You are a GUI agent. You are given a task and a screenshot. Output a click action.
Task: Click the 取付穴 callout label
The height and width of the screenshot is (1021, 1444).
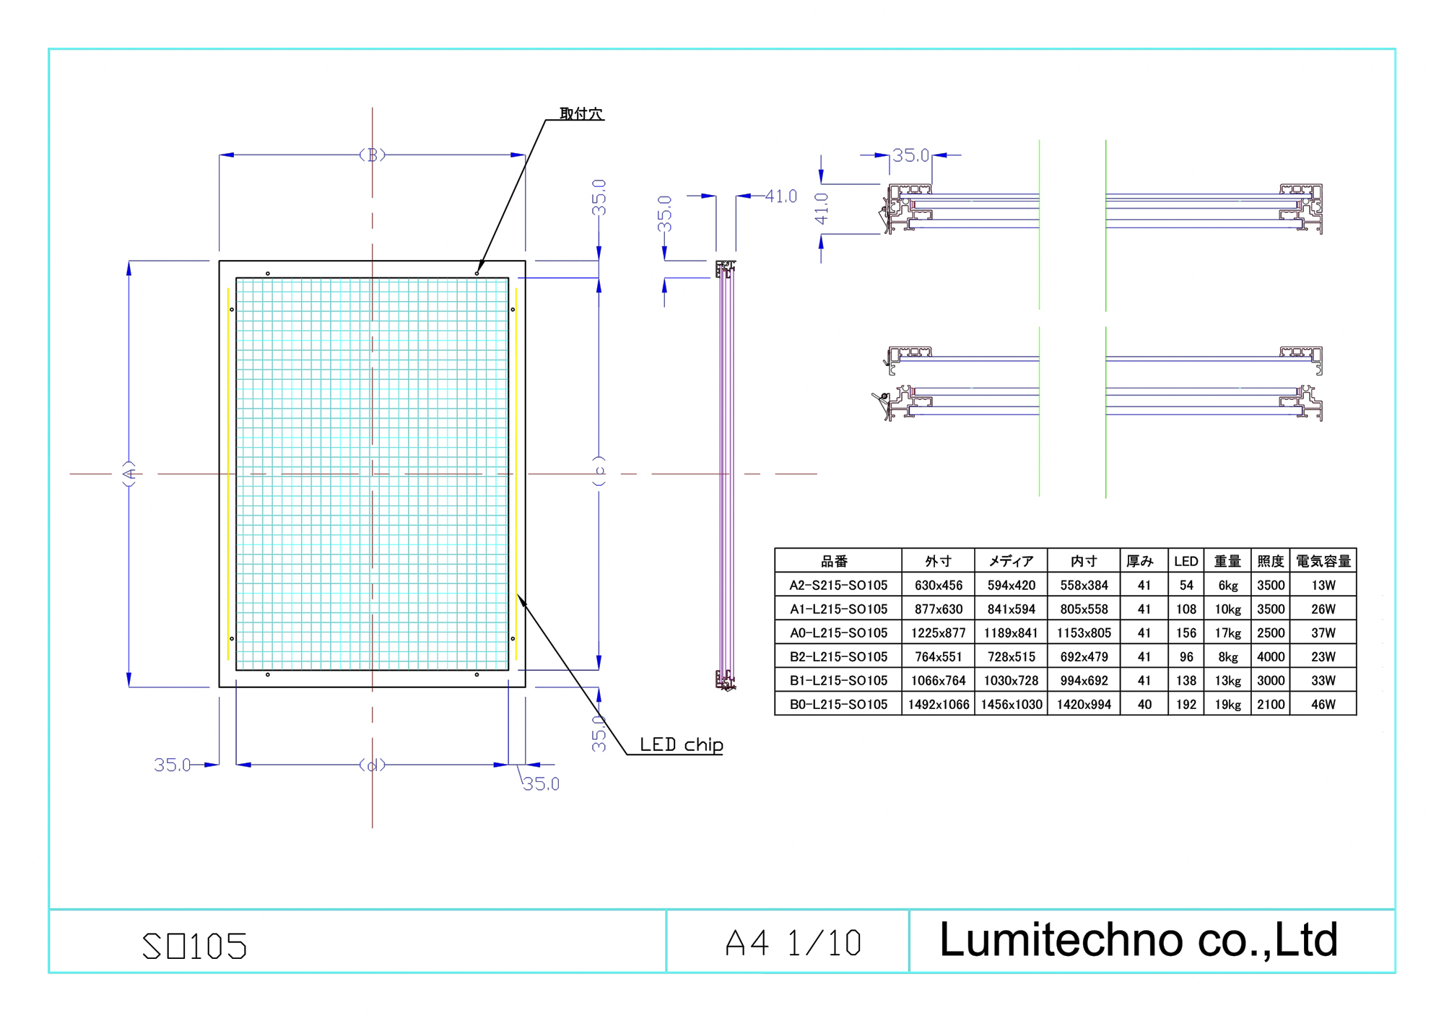[x=581, y=113]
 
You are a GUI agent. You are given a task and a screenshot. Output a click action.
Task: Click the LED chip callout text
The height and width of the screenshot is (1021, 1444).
[x=681, y=744]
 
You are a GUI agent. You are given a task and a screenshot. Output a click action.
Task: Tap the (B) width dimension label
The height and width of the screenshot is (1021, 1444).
[x=372, y=155]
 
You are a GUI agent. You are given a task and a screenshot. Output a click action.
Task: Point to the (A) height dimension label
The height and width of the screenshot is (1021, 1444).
[x=129, y=474]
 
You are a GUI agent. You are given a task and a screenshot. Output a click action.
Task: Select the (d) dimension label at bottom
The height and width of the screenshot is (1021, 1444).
[x=372, y=765]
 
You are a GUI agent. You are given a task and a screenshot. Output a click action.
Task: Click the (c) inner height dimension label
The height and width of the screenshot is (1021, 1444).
[x=599, y=471]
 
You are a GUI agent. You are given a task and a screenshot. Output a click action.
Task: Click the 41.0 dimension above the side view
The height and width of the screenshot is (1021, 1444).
[x=780, y=196]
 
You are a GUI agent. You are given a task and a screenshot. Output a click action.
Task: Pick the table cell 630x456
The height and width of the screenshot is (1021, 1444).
[x=938, y=586]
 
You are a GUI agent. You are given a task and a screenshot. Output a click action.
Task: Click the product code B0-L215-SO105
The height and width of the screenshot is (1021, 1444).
[x=838, y=704]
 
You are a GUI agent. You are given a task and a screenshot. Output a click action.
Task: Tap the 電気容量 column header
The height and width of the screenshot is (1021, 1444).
[x=1323, y=561]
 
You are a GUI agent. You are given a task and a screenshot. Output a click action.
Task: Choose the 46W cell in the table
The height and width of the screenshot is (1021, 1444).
[x=1323, y=704]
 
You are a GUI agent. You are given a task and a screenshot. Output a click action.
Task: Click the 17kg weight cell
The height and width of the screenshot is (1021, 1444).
[x=1227, y=633]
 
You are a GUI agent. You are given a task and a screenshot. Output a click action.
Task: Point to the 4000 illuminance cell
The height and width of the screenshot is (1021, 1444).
[x=1270, y=657]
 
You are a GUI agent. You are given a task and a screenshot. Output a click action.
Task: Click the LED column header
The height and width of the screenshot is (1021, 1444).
[x=1186, y=561]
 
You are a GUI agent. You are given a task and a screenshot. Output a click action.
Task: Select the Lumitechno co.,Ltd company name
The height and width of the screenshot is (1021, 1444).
[x=1138, y=940]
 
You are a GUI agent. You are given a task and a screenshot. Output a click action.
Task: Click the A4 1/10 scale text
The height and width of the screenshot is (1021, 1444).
[x=793, y=943]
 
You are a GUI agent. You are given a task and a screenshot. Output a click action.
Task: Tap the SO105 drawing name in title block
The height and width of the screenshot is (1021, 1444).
[x=195, y=946]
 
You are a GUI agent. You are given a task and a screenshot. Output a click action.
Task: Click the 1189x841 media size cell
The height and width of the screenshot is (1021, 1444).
[x=1011, y=633]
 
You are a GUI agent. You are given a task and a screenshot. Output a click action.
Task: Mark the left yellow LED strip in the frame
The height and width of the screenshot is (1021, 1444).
[x=228, y=474]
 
